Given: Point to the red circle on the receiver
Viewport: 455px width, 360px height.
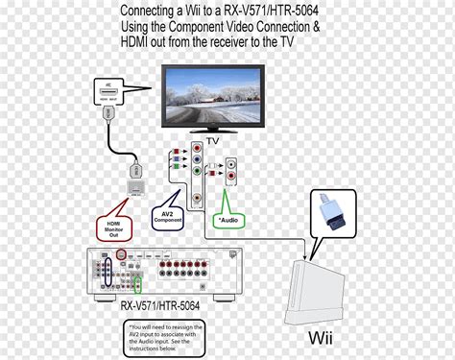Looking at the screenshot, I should click(x=121, y=255).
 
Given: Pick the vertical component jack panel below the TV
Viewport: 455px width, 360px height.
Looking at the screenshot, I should click(x=198, y=176).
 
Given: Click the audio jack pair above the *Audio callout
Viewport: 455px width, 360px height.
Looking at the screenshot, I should click(x=229, y=173).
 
